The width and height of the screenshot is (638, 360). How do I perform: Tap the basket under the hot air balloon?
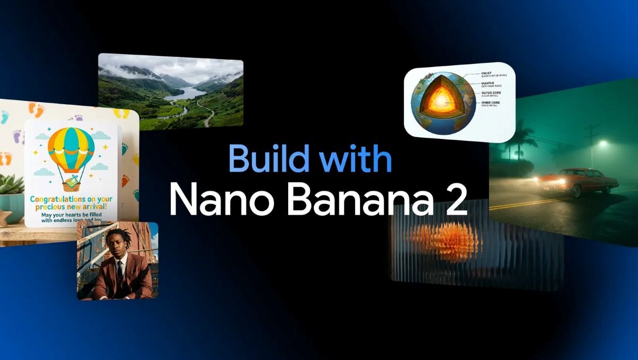71,183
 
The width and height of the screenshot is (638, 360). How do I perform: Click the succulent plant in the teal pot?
11,185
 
